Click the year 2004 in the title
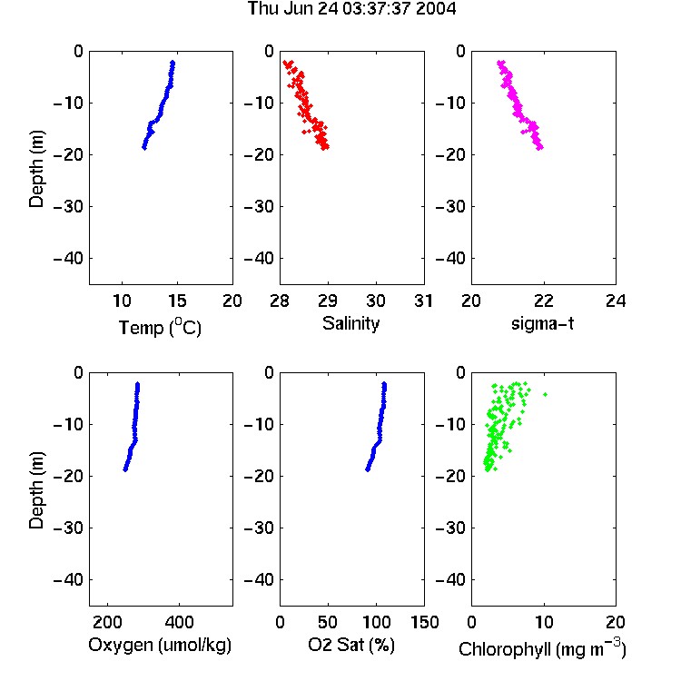(x=436, y=9)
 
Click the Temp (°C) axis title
(x=160, y=327)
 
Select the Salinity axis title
(x=350, y=323)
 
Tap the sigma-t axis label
(x=542, y=323)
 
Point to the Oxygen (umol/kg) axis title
(x=160, y=646)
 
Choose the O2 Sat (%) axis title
(x=351, y=645)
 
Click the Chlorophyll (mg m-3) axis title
(x=542, y=648)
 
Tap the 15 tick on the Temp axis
(x=177, y=301)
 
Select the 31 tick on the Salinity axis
(x=423, y=301)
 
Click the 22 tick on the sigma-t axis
(x=543, y=301)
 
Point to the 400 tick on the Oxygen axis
(x=179, y=622)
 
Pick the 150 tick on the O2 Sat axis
(x=425, y=622)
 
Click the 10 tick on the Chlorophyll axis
(x=543, y=622)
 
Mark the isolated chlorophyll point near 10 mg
(x=545, y=394)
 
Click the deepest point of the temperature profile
(x=144, y=148)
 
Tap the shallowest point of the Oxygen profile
(x=138, y=384)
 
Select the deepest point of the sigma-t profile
(x=540, y=148)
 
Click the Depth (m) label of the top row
(x=36, y=169)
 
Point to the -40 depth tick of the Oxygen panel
(x=69, y=579)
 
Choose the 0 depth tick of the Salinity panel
(x=270, y=51)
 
